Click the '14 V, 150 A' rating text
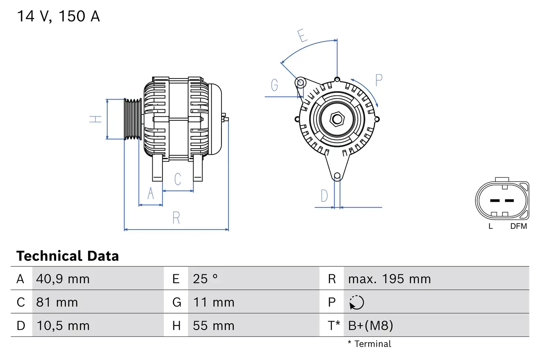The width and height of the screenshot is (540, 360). [58, 16]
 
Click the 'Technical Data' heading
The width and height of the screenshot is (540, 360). [67, 256]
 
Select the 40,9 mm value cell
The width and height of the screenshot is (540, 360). [63, 279]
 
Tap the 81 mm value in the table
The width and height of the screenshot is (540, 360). [57, 302]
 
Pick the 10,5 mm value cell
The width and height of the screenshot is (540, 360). [63, 325]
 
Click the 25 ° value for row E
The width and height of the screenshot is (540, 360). [205, 279]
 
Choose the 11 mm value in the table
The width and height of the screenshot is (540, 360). [213, 302]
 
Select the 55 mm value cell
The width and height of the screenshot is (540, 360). [213, 325]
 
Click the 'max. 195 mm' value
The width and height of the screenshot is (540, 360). [389, 279]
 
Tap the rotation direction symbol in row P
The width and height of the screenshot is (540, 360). [356, 302]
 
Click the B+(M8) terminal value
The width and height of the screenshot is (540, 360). [370, 325]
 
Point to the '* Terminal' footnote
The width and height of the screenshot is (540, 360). [370, 344]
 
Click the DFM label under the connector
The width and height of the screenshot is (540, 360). [518, 226]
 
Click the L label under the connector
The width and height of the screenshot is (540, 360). [490, 226]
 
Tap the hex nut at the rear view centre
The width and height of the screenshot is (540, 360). [337, 119]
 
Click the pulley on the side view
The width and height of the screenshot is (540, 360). [132, 119]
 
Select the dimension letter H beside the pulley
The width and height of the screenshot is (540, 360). [96, 119]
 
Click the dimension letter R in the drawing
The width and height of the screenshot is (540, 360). [176, 218]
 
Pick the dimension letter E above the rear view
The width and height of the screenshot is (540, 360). [301, 36]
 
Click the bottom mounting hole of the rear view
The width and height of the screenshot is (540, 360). [337, 176]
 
